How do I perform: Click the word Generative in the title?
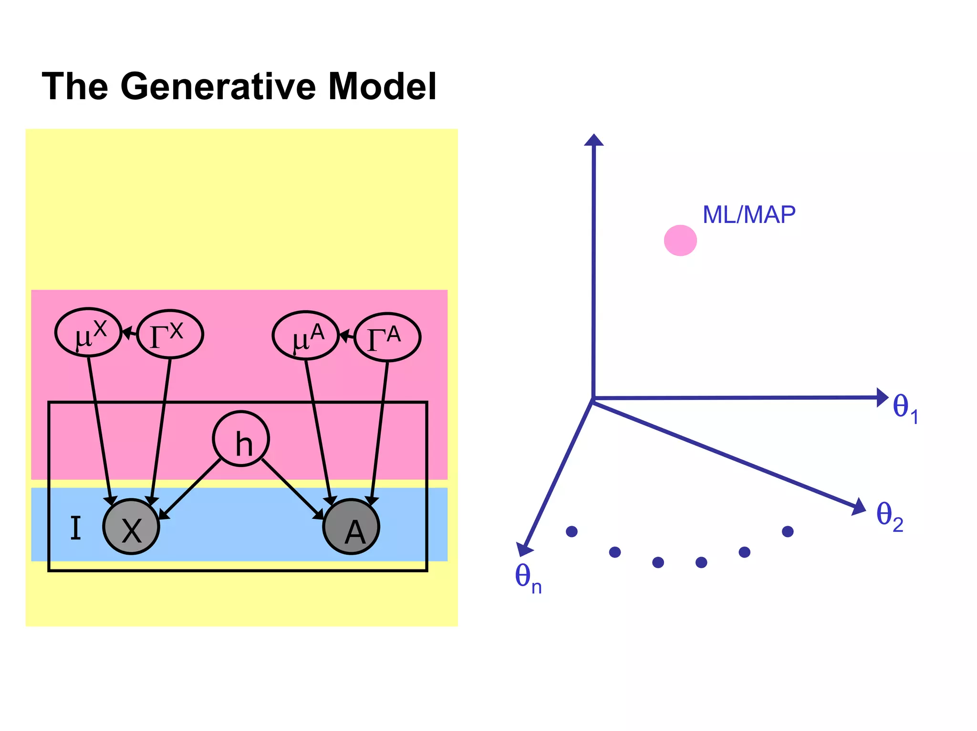click(x=218, y=87)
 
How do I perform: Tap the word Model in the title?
click(x=382, y=87)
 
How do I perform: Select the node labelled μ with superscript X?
click(x=88, y=333)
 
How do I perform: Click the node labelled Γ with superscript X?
click(x=170, y=334)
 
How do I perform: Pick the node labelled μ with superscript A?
click(x=305, y=335)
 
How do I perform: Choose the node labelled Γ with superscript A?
click(x=387, y=337)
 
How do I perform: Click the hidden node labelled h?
click(x=241, y=439)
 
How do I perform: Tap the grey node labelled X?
click(x=131, y=527)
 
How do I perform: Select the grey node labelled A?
click(x=351, y=527)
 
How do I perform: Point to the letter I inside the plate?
click(x=75, y=528)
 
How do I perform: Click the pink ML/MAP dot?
click(x=680, y=241)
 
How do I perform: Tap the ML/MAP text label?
click(x=749, y=215)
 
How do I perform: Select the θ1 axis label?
click(x=905, y=409)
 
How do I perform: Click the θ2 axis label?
click(x=890, y=517)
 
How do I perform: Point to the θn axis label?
click(x=528, y=578)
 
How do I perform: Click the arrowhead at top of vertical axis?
click(x=594, y=140)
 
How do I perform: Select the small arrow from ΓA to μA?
click(x=346, y=336)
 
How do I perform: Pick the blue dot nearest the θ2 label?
click(x=788, y=531)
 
